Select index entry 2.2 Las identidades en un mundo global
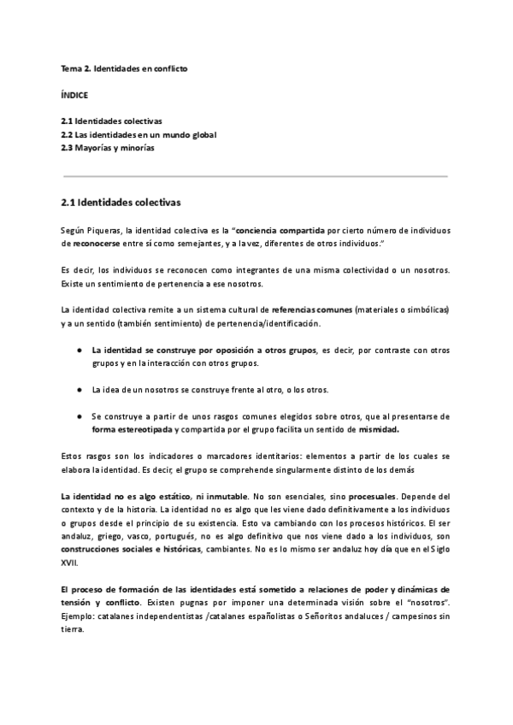coord(139,134)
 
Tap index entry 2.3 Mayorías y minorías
coord(107,148)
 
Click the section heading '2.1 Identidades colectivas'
coord(121,203)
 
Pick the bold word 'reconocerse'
coord(96,244)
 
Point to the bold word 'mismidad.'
coord(379,430)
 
